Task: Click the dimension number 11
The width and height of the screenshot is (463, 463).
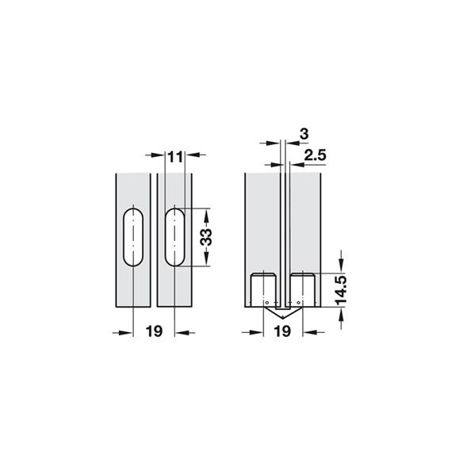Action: click(x=176, y=157)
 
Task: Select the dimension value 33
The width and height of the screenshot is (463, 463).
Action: click(x=206, y=237)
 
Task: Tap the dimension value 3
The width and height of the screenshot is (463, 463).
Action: click(x=304, y=134)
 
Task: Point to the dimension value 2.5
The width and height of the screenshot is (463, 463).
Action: click(x=315, y=155)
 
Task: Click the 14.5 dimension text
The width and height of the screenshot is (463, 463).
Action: click(x=341, y=290)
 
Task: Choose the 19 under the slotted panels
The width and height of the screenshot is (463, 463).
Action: click(x=154, y=331)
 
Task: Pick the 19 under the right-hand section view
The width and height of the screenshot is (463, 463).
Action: click(x=282, y=331)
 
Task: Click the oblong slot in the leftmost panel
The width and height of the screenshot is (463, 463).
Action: click(x=133, y=237)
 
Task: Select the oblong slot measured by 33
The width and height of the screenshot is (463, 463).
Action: click(x=175, y=237)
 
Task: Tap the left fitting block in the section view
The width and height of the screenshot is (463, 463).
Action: click(x=264, y=290)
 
